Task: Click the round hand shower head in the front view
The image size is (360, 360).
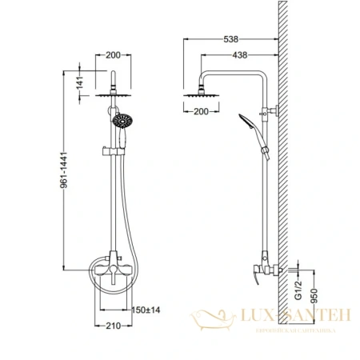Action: point(122,122)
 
